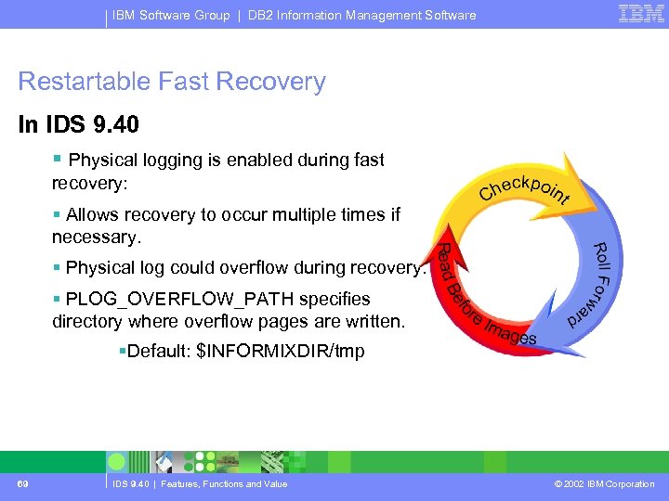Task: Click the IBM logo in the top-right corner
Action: click(641, 13)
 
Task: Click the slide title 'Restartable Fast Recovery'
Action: click(172, 82)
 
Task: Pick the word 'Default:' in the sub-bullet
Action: click(159, 351)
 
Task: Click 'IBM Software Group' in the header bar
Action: click(172, 15)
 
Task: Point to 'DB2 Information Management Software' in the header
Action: click(362, 15)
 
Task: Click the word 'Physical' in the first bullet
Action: click(101, 160)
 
